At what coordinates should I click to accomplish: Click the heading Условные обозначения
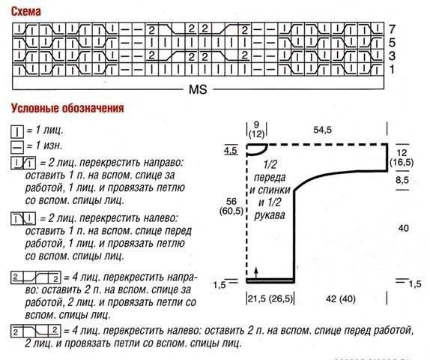(x=67, y=107)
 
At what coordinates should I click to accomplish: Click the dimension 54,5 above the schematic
(x=323, y=130)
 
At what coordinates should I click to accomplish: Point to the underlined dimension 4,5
(x=230, y=152)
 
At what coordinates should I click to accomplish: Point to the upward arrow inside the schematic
(x=256, y=271)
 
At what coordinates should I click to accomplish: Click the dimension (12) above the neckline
(x=257, y=133)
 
